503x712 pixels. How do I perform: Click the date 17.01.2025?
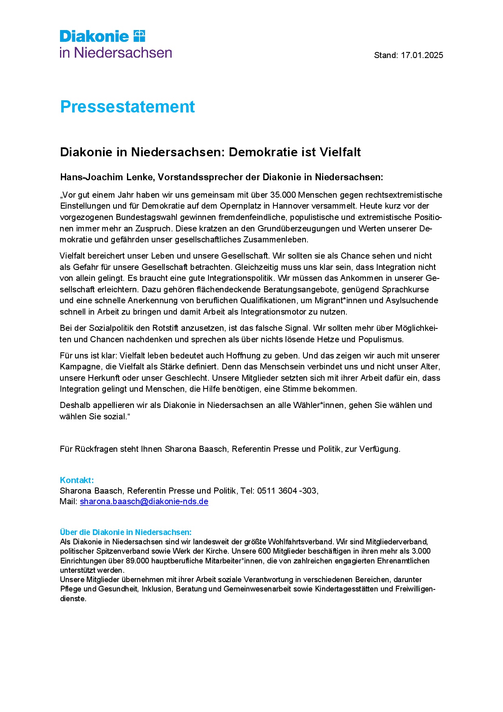pos(422,55)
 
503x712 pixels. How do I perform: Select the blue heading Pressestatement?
pos(127,107)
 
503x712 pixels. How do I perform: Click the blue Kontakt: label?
pos(77,480)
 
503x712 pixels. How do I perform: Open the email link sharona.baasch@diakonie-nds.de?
pos(144,501)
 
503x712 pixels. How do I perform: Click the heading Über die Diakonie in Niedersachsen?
pos(126,532)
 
